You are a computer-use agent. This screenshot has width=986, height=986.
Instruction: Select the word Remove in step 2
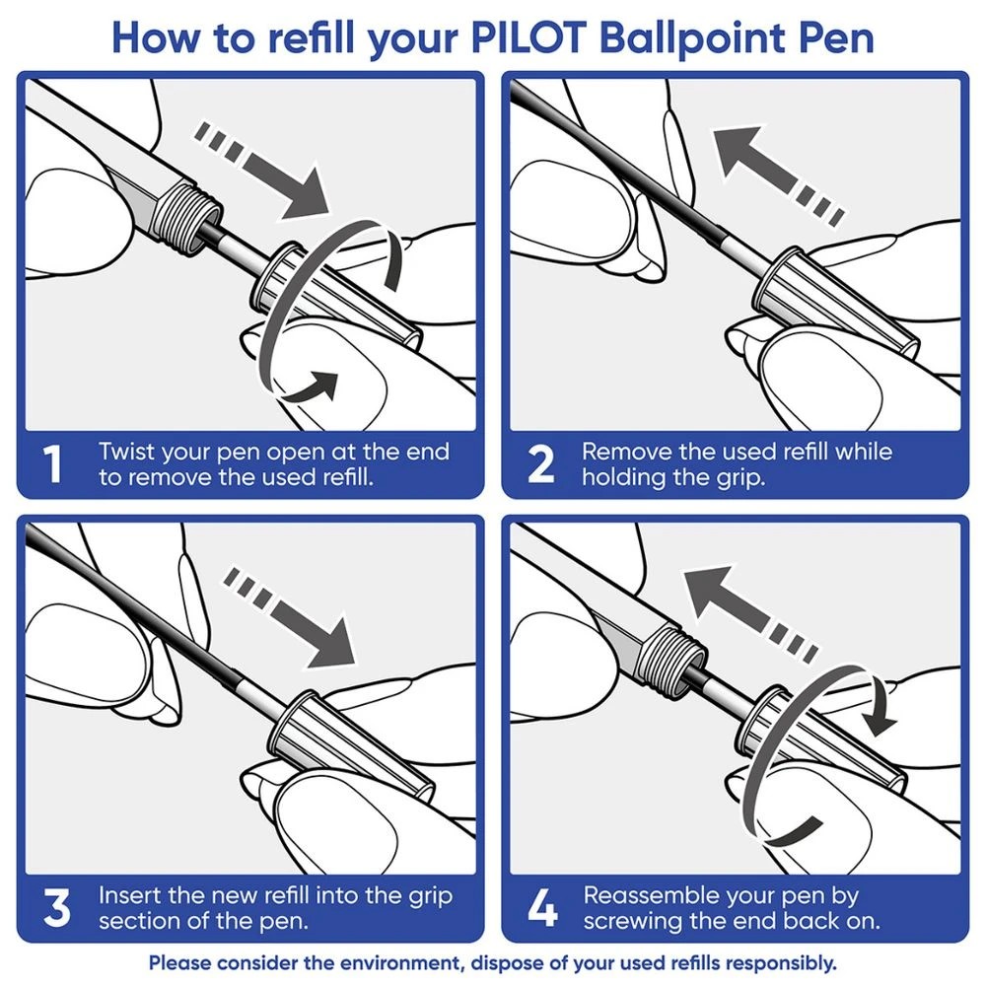(624, 453)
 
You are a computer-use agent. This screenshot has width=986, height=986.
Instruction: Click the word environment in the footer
(398, 962)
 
